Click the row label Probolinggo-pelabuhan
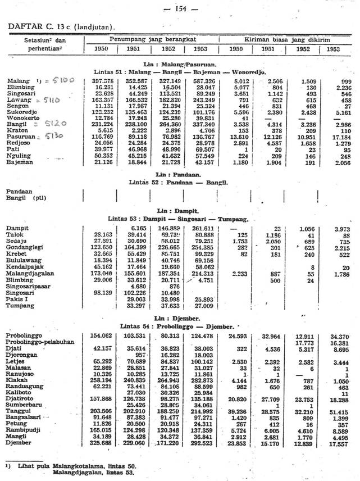[42, 342]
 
